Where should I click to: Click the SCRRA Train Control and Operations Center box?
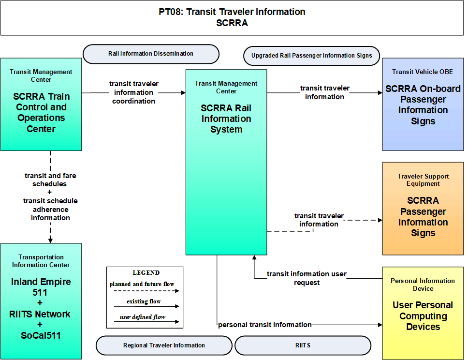41,105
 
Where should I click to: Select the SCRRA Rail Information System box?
226,162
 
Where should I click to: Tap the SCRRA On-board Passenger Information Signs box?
423,105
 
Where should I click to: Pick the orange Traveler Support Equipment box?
423,209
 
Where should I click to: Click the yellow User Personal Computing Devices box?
423,313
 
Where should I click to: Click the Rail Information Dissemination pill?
151,54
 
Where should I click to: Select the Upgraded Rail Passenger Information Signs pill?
312,56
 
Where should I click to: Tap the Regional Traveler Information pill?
164,345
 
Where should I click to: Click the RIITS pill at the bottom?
303,345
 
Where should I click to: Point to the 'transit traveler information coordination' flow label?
134,92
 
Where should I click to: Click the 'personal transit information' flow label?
265,325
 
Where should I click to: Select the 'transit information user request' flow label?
307,278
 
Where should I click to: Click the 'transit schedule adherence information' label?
50,209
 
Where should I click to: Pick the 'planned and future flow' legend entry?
142,284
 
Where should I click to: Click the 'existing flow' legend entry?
144,302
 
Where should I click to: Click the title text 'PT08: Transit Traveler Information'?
232,12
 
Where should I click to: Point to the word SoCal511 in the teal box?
41,335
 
